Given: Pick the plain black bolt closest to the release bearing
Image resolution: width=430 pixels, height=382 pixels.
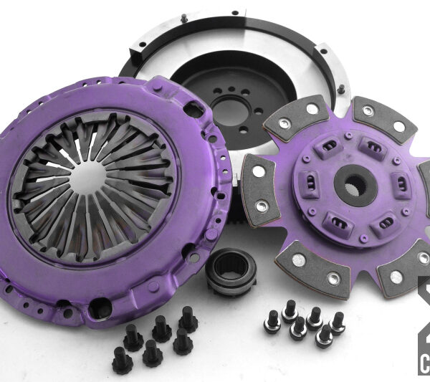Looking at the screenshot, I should [188, 316].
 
